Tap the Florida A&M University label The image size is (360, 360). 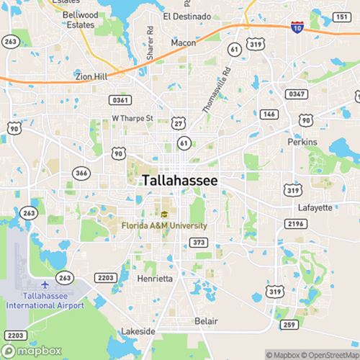tap(164, 225)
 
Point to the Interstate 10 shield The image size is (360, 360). tap(297, 27)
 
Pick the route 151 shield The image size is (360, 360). tap(341, 17)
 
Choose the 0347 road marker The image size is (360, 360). tap(296, 94)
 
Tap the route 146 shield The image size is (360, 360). tap(269, 114)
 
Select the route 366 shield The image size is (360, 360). tap(81, 173)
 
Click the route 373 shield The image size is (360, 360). tap(199, 242)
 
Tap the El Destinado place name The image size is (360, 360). tap(186, 16)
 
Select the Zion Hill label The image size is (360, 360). tap(91, 76)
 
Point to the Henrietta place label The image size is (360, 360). tap(155, 278)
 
